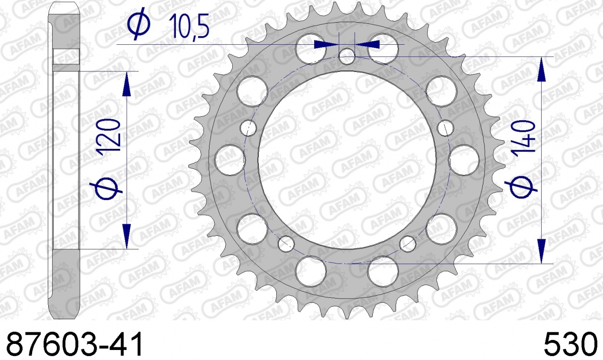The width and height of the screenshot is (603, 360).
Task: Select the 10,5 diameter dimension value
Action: [189, 26]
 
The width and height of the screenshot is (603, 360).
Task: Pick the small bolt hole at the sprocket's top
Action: [347, 56]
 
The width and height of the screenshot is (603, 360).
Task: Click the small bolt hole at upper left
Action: [248, 128]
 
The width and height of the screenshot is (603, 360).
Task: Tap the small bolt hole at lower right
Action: [408, 244]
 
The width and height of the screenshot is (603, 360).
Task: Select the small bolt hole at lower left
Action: [286, 244]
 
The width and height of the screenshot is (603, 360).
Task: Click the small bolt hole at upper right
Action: [446, 128]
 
